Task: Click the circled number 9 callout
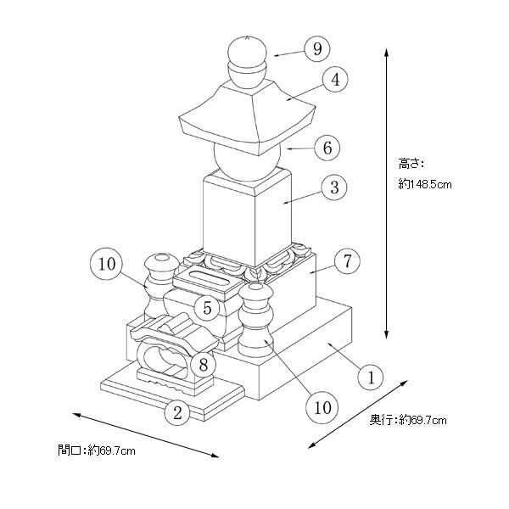pyautogui.click(x=317, y=48)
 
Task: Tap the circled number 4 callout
pyautogui.click(x=335, y=79)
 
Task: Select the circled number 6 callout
pyautogui.click(x=327, y=148)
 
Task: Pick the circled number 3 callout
pyautogui.click(x=334, y=187)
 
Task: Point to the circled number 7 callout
pyautogui.click(x=347, y=260)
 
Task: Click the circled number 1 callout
pyautogui.click(x=371, y=378)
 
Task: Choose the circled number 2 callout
pyautogui.click(x=177, y=413)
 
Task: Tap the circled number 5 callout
pyautogui.click(x=207, y=308)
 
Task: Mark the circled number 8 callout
pyautogui.click(x=204, y=364)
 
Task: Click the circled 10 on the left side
pyautogui.click(x=107, y=264)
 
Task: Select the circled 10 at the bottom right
pyautogui.click(x=322, y=407)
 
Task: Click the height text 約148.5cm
pyautogui.click(x=425, y=184)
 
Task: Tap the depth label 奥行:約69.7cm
pyautogui.click(x=408, y=420)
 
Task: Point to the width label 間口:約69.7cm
pyautogui.click(x=97, y=450)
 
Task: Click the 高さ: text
pyautogui.click(x=411, y=164)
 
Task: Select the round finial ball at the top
pyautogui.click(x=248, y=51)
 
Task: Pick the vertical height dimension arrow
pyautogui.click(x=386, y=193)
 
